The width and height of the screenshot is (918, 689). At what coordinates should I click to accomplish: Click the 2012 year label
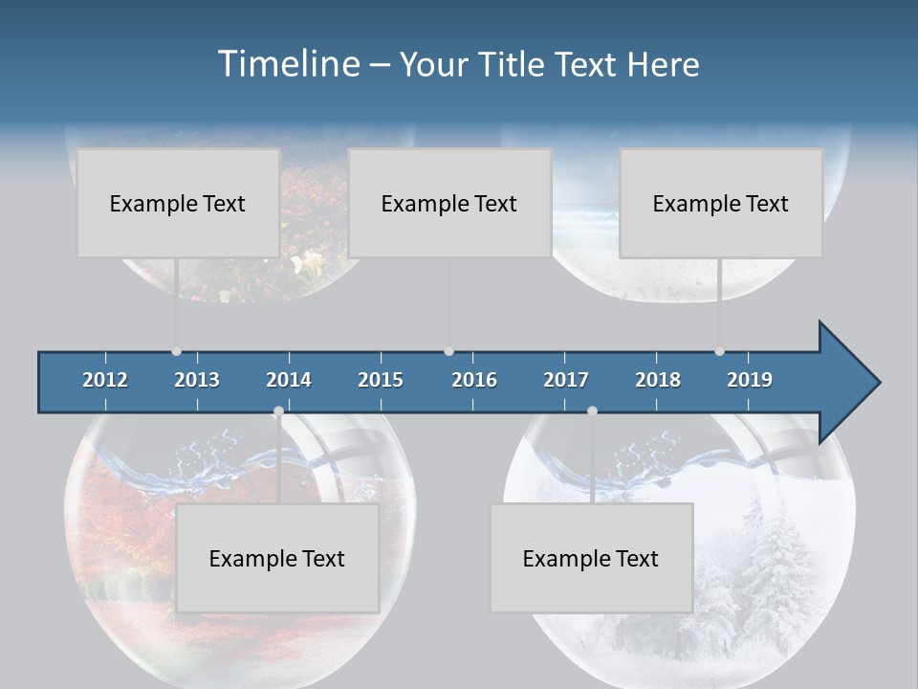point(105,380)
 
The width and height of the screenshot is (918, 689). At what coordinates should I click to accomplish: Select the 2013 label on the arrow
point(197,380)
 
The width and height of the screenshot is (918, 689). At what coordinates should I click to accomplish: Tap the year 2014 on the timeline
point(289,380)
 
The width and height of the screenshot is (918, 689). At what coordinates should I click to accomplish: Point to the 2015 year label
point(381,380)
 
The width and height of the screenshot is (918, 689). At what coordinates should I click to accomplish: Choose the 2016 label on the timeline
point(474,380)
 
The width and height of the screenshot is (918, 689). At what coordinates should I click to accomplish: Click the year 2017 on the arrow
point(566,380)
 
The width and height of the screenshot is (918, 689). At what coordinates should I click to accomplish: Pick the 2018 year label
point(658,380)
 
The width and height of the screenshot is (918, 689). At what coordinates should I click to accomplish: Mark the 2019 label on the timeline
point(750,380)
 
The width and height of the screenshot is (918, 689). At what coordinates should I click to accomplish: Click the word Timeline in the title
point(289,64)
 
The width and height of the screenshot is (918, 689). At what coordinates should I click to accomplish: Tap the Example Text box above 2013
point(178,203)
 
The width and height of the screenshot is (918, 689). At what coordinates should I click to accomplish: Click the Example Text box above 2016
point(449,203)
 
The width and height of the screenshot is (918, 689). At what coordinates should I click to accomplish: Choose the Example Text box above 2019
point(721,203)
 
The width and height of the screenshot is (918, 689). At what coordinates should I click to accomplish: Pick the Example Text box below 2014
point(277,558)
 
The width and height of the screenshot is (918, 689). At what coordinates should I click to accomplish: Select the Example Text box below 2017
point(591,558)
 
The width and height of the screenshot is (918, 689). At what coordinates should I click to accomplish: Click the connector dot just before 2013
point(176,351)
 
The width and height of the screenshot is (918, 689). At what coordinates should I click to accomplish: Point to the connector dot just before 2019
point(719,351)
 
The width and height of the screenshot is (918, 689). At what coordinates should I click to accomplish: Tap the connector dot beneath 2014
point(278,411)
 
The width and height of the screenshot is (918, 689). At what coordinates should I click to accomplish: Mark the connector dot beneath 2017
point(592,411)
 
